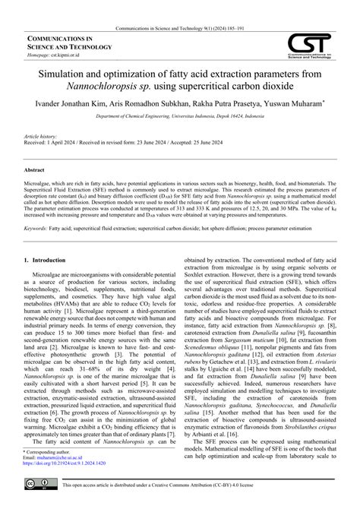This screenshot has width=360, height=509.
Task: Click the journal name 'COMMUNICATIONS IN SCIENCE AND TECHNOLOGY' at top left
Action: point(61,43)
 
